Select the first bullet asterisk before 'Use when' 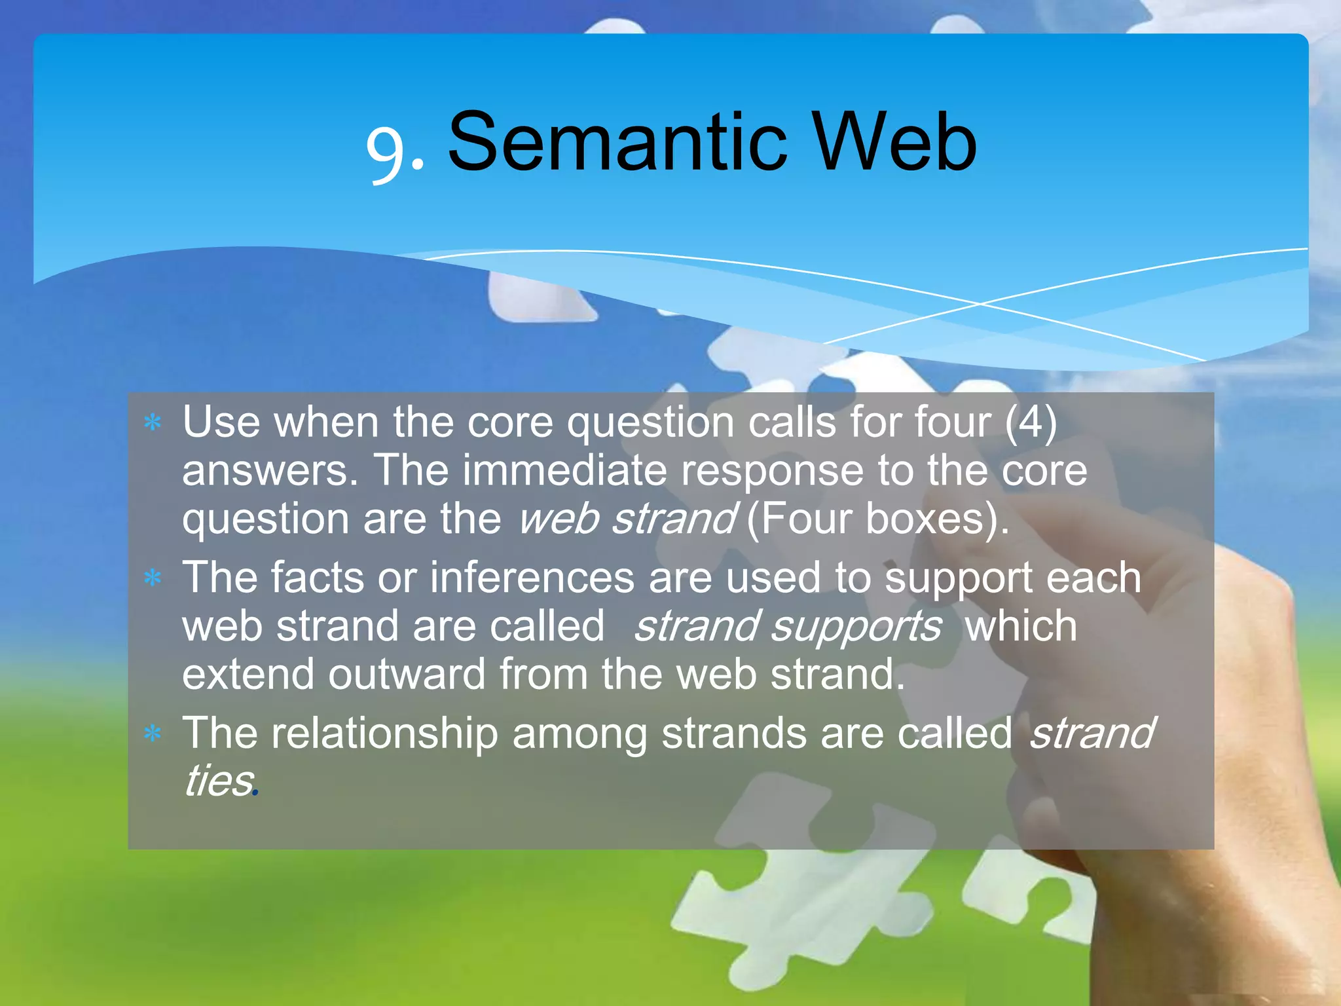tap(153, 423)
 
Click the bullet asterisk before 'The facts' tap(153, 578)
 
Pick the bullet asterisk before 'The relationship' tap(153, 734)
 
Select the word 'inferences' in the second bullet tap(531, 578)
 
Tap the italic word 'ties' tap(218, 781)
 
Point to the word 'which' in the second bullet tap(1021, 626)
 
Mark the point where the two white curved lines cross tap(980, 303)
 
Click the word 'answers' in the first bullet tap(268, 472)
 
